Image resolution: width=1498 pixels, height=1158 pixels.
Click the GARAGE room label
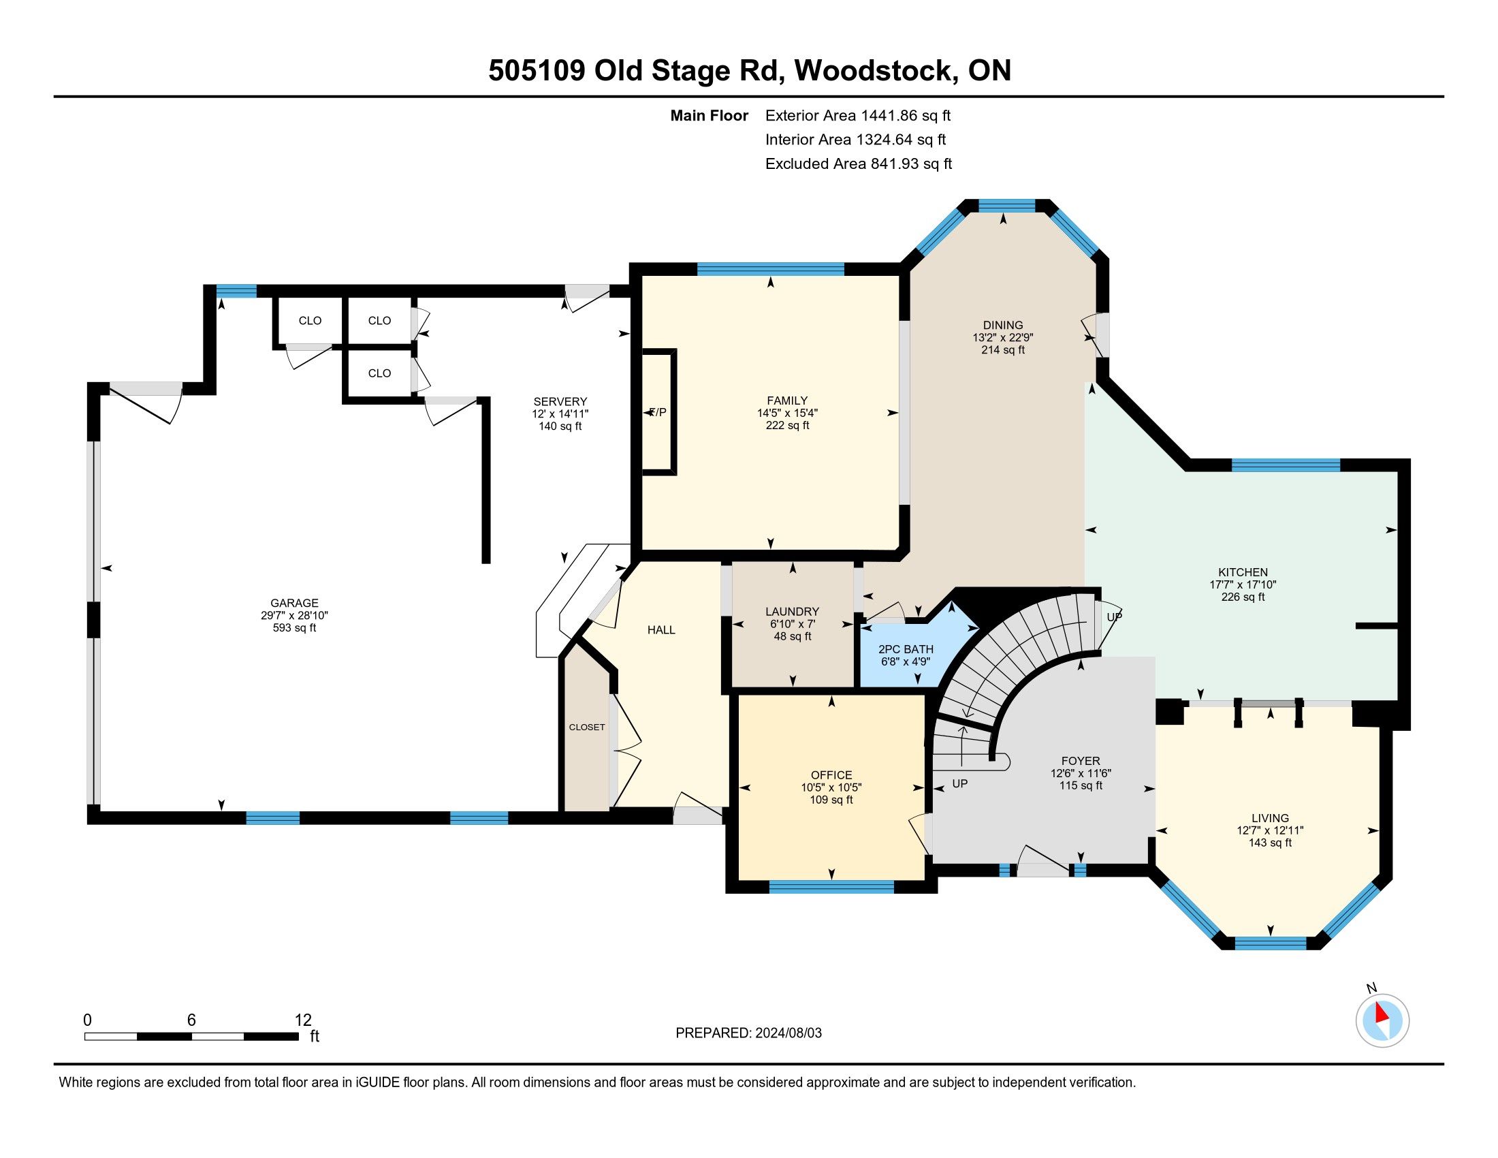click(294, 603)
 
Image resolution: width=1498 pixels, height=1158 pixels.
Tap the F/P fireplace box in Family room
click(658, 411)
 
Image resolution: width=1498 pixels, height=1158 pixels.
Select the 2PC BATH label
click(906, 649)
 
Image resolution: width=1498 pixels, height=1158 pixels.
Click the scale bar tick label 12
click(303, 1020)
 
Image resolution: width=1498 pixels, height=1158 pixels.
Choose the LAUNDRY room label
click(792, 611)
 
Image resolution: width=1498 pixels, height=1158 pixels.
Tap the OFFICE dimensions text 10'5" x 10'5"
click(831, 787)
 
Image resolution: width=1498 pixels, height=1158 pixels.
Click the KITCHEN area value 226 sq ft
click(1243, 597)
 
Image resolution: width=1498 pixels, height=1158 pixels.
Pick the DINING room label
click(1003, 325)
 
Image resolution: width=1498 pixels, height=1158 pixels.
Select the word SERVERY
click(560, 401)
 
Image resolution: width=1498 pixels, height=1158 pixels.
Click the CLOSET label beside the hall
click(587, 727)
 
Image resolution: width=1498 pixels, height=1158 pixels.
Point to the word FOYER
click(1081, 761)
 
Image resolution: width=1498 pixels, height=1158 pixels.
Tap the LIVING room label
click(1271, 817)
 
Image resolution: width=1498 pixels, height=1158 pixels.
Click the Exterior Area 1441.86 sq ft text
click(858, 115)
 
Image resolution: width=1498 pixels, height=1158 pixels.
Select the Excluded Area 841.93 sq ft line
click(859, 163)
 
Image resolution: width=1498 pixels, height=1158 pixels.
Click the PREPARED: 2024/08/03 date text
click(748, 1033)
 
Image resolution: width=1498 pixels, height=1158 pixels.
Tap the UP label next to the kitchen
click(1115, 616)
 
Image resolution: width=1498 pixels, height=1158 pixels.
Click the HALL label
click(661, 630)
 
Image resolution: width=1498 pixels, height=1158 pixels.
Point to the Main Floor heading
click(710, 115)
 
